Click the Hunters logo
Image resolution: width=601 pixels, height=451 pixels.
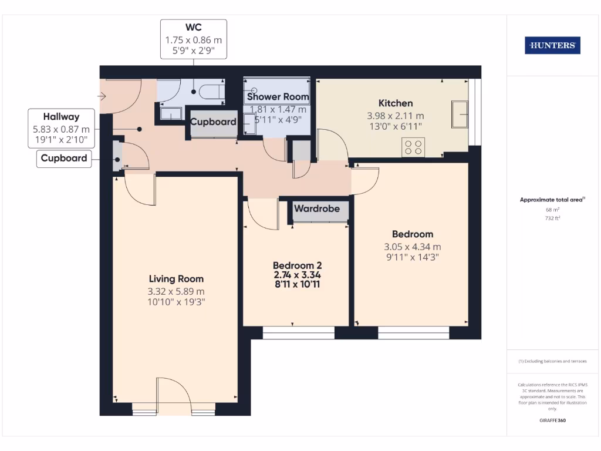click(x=552, y=45)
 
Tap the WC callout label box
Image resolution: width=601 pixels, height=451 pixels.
click(x=194, y=39)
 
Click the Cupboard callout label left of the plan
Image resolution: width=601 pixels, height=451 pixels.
click(x=64, y=158)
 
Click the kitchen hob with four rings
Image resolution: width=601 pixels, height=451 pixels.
click(x=414, y=146)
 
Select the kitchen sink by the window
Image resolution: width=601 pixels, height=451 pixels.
click(x=460, y=113)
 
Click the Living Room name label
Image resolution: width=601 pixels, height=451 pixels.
click(x=176, y=279)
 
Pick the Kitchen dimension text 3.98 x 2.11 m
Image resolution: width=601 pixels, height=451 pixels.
click(x=395, y=116)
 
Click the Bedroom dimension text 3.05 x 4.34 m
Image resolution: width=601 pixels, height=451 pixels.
click(x=412, y=247)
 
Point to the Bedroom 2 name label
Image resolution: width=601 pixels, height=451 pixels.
click(x=297, y=265)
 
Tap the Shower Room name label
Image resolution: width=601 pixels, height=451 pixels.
click(x=278, y=96)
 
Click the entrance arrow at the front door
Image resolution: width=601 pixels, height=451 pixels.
click(x=102, y=95)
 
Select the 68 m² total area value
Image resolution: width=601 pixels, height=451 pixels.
click(x=552, y=210)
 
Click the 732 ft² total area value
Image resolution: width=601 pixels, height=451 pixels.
click(x=552, y=218)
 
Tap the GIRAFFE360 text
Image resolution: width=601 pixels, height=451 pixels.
click(x=552, y=420)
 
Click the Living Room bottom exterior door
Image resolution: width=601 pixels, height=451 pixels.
click(x=174, y=399)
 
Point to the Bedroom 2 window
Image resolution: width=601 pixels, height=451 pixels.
click(x=298, y=334)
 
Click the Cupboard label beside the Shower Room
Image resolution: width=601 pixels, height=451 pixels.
click(x=212, y=122)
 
